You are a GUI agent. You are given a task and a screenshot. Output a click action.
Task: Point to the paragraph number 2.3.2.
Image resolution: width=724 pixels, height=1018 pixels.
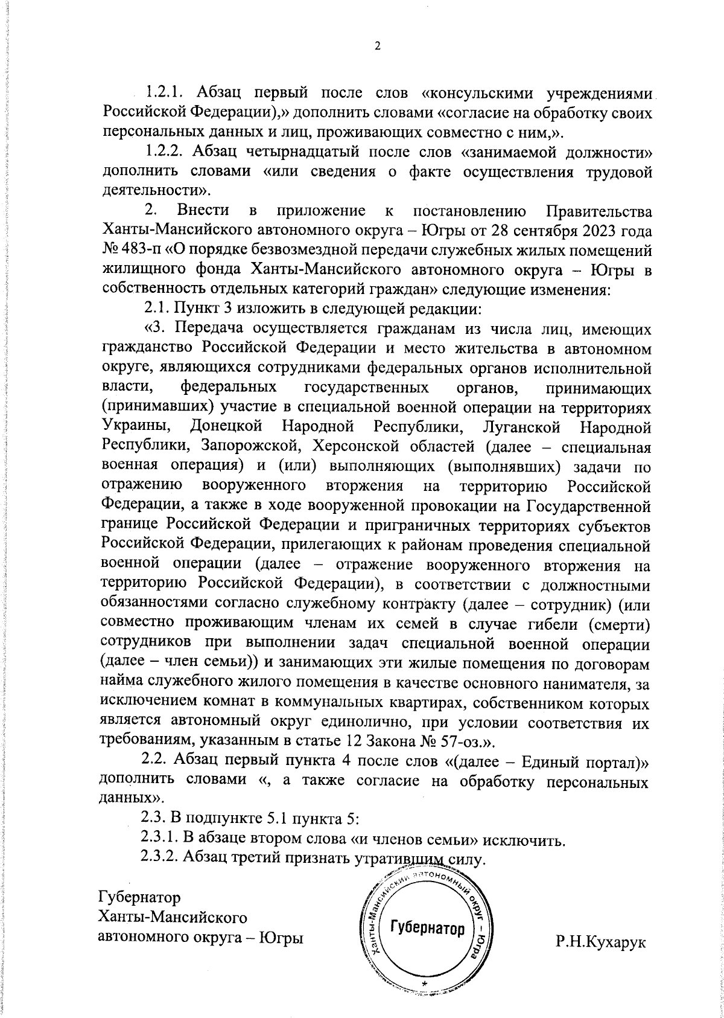click(x=159, y=859)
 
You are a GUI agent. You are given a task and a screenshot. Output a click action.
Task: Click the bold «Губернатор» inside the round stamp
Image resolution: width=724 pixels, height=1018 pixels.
click(x=428, y=944)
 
